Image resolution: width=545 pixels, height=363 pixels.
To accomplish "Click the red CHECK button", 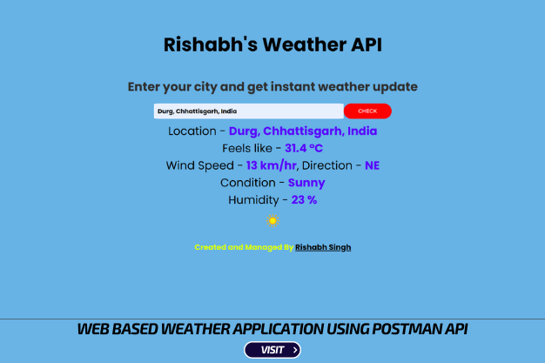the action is [367, 111].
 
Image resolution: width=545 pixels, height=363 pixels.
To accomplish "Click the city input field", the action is [248, 111].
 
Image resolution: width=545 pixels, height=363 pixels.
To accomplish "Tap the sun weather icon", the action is [272, 221].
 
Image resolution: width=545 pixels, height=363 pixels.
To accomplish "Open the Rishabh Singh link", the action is [323, 247].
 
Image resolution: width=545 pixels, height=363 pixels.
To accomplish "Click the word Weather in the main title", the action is [305, 44].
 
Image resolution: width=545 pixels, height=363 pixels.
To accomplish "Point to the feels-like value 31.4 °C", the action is [304, 148].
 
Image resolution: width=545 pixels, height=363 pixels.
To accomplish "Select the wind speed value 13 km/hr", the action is [272, 165].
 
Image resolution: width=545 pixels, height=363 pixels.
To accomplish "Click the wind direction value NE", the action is [373, 165].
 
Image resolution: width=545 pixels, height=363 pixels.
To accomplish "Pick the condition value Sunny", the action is [306, 183].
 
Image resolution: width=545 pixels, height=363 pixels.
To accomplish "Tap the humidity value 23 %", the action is [304, 200].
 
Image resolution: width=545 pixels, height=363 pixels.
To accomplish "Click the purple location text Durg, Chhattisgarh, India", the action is [303, 131].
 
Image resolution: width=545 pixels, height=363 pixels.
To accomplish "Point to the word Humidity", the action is [253, 200].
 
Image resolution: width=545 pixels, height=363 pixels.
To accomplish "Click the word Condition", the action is [248, 183].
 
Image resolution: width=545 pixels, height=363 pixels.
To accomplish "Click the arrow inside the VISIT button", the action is [295, 350].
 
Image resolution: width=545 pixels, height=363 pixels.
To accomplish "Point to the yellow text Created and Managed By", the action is [244, 247].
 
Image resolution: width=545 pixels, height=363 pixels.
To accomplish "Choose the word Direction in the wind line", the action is [327, 165].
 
